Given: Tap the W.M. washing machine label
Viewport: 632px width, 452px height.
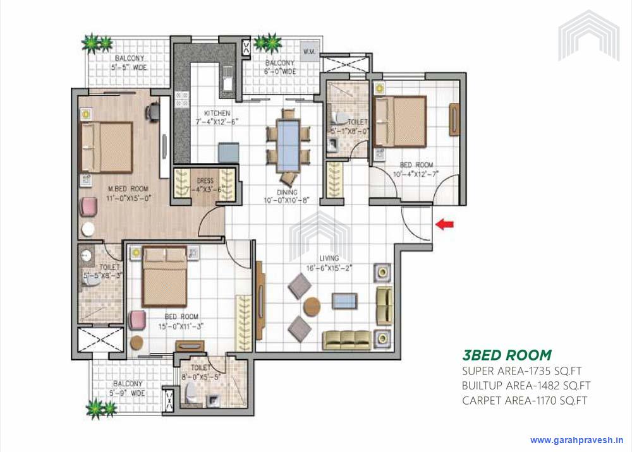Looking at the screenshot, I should pos(310,51).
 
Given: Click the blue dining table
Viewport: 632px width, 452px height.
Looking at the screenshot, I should pos(289,143).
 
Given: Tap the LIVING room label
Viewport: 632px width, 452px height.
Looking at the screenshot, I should pos(329,258).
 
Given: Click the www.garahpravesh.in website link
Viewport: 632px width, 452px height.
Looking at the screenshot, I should pos(577,440).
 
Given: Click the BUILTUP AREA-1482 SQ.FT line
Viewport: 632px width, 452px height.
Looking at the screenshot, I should pos(526,386).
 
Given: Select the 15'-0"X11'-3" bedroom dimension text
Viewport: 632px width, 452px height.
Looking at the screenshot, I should pos(181,326).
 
